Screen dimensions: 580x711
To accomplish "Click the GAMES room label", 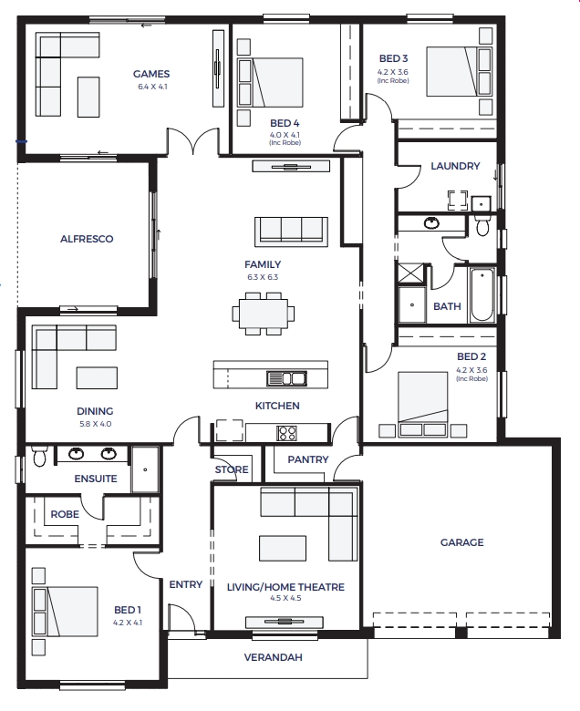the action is tap(151, 74).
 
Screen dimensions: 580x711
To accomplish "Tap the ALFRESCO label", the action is tap(87, 239).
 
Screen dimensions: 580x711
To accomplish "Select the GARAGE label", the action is tap(462, 542).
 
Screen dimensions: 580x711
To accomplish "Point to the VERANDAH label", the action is tap(273, 657).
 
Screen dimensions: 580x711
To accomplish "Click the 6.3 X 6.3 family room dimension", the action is tap(263, 277).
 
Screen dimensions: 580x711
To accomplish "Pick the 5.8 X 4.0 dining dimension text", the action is tap(95, 424).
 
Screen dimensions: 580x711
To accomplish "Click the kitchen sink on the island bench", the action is tap(286, 377).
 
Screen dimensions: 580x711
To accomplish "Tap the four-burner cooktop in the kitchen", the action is tap(287, 433).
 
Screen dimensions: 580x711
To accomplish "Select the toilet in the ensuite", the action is tap(40, 456).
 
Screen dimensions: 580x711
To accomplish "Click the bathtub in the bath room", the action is tap(482, 294).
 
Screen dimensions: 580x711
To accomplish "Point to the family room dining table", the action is tap(264, 314).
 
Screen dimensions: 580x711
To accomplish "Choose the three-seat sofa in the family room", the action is tap(291, 232).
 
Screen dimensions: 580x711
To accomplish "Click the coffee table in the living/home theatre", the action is tap(283, 549).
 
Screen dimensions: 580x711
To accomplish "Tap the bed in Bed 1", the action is tap(65, 612).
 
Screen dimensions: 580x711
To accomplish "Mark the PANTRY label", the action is tap(308, 459).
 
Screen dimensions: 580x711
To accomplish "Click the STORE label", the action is tap(232, 469).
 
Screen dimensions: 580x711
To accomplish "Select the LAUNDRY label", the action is tap(455, 166).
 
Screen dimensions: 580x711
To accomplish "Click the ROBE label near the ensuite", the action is tap(65, 514).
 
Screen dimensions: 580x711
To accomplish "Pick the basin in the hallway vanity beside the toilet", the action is tap(431, 222).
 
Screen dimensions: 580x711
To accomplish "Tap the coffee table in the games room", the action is tap(88, 97).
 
